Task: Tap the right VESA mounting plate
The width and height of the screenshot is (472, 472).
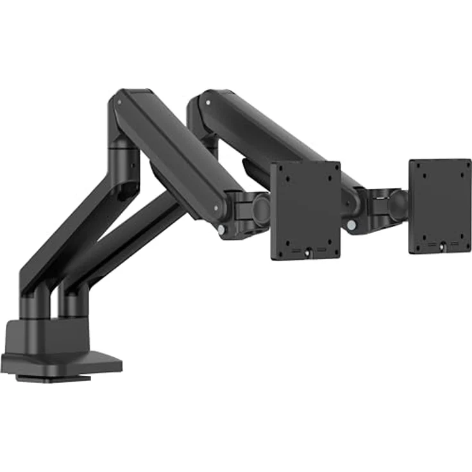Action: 440,205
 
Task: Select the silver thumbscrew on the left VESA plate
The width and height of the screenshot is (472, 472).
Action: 308,253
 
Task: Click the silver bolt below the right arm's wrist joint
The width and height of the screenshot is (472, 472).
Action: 351,225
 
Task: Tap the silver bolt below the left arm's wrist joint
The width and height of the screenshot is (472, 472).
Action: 221,229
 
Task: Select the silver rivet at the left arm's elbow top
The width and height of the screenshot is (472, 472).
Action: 119,99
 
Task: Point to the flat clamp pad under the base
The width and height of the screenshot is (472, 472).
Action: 55,378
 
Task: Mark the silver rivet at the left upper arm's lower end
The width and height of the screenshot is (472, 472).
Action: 216,209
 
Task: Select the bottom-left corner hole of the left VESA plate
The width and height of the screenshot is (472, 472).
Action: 282,245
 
